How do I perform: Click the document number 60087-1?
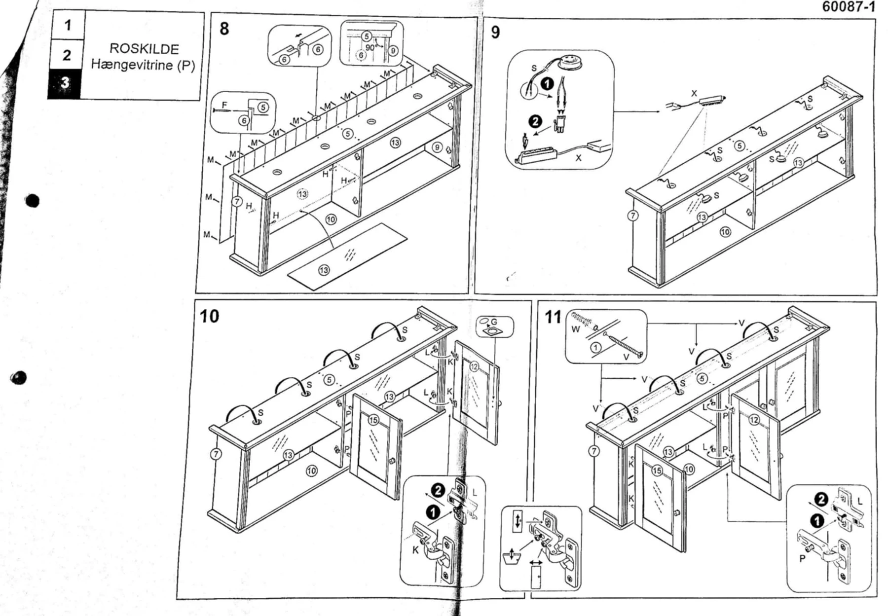tap(848, 7)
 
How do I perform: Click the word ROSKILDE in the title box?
tap(144, 48)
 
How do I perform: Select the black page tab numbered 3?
tap(65, 83)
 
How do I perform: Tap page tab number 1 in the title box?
tap(68, 25)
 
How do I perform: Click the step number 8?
tap(224, 29)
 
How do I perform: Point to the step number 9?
tap(495, 32)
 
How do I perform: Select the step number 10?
tap(209, 316)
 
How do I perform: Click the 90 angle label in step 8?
tap(370, 48)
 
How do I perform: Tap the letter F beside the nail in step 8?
tap(225, 105)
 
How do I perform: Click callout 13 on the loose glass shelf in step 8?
tap(324, 270)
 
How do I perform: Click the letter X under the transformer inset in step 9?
tap(578, 158)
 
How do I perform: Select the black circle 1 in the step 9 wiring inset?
tap(547, 84)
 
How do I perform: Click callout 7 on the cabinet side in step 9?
tap(633, 216)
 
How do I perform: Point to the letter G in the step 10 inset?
tap(494, 322)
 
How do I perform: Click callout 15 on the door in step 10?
tap(373, 420)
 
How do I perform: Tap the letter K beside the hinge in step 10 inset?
tap(415, 549)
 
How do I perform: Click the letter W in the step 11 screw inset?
tap(575, 329)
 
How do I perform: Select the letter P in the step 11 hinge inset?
tap(802, 558)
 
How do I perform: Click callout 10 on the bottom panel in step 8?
tap(331, 219)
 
